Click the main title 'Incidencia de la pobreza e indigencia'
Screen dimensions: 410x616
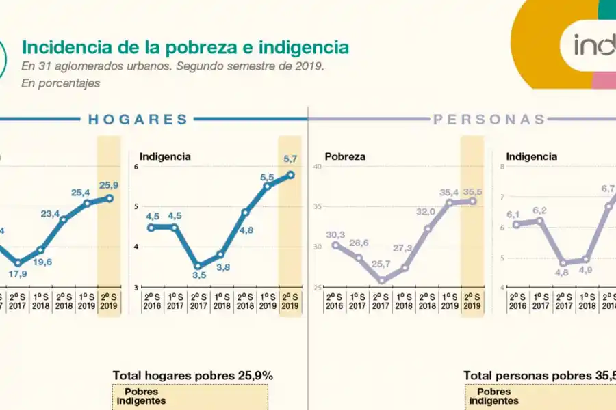pos(185,47)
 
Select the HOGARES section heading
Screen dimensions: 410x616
pos(138,120)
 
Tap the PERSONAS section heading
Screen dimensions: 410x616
pos(489,120)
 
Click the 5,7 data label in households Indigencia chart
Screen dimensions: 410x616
pos(290,159)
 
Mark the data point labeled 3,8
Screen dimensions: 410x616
pos(220,254)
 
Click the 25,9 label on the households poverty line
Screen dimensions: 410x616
pos(109,185)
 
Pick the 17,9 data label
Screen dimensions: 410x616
pos(18,275)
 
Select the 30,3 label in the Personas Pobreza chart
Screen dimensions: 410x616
pos(335,234)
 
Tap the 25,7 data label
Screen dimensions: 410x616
pos(381,264)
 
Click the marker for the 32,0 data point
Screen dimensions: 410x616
pos(427,228)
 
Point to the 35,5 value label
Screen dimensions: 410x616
pos(472,192)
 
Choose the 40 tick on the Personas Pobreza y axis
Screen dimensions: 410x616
pos(316,167)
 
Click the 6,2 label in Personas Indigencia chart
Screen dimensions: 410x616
pos(540,210)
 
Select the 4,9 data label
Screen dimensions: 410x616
pos(586,270)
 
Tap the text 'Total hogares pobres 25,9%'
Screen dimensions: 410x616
pos(193,375)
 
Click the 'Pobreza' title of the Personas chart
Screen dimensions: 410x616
pos(345,156)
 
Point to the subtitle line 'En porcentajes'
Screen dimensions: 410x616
pos(61,83)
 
